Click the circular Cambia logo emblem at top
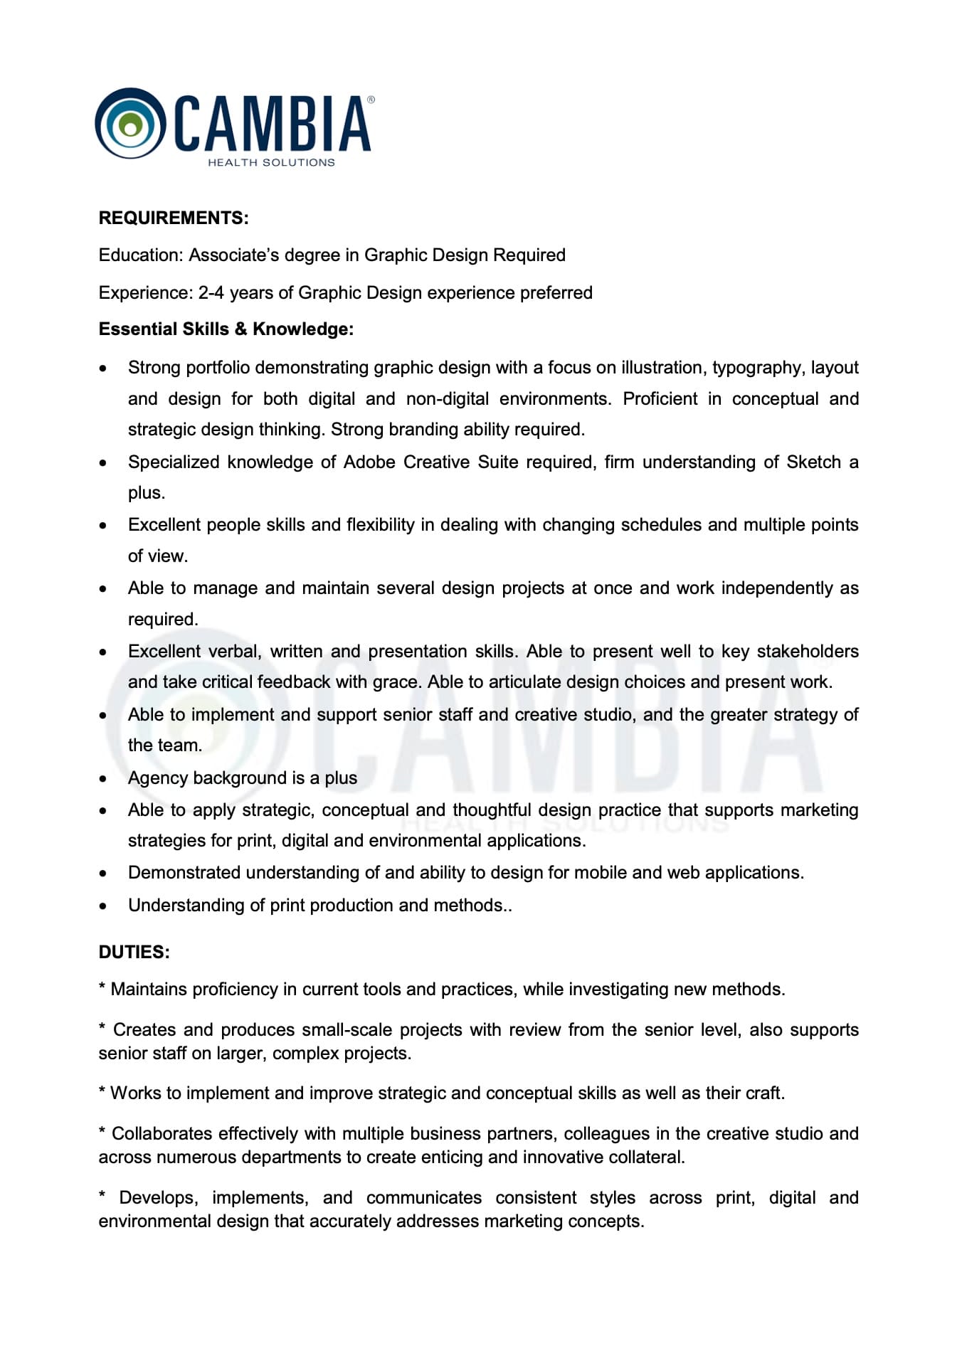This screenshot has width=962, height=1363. pos(129,124)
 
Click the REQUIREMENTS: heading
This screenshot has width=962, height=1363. pos(174,218)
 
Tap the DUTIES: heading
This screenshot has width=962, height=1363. pos(134,952)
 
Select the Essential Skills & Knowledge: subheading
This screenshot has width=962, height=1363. pos(226,329)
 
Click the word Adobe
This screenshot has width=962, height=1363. pos(369,462)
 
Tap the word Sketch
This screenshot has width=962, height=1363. pos(813,462)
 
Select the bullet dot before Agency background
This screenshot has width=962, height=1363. pos(104,779)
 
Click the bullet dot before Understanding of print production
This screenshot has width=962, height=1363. pos(104,906)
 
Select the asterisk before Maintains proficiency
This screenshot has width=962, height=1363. pos(102,987)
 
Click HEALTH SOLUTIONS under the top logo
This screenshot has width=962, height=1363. pos(271,162)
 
